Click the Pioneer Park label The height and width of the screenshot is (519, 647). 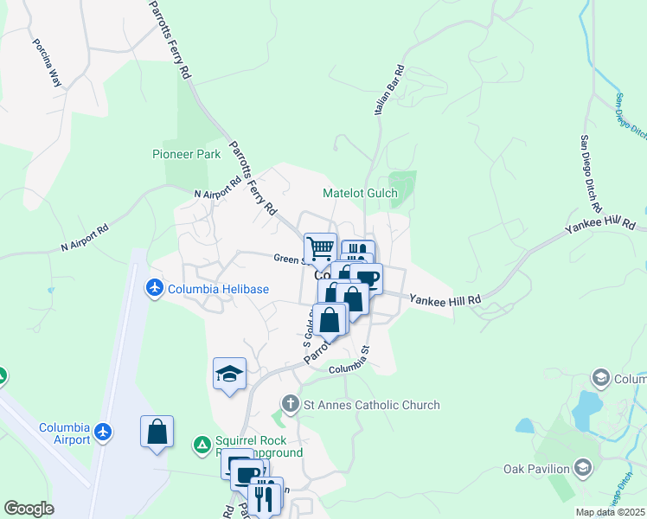[186, 154]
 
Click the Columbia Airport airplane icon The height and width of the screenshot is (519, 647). [104, 431]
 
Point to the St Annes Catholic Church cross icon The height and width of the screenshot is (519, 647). [291, 404]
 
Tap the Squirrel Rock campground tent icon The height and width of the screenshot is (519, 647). [202, 445]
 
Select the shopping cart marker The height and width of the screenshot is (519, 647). [320, 248]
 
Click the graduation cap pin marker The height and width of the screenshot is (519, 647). [229, 374]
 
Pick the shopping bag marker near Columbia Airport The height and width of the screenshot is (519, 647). [157, 431]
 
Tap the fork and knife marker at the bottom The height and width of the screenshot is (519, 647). [266, 497]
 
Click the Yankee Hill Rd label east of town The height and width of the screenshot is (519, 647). [445, 298]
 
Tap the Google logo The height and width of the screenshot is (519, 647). [29, 509]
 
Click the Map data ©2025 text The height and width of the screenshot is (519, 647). [610, 512]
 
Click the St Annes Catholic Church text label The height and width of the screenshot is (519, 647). [371, 405]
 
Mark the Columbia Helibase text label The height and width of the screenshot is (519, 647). [218, 289]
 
